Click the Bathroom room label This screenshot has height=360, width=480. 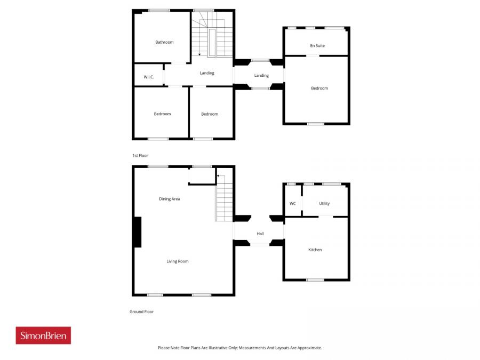point(164,42)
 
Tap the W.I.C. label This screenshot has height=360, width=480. point(149,77)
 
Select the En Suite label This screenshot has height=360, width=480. point(317,46)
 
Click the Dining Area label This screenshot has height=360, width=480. point(170,199)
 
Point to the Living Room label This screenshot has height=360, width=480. point(178,261)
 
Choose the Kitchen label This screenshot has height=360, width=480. point(315,250)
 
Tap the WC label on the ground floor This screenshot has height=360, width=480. point(292,204)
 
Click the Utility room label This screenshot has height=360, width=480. point(324,204)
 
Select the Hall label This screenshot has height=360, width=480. point(260,234)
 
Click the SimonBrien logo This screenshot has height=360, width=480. point(43,335)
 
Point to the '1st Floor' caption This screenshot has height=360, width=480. point(140,155)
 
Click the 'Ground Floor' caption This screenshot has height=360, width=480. point(141,311)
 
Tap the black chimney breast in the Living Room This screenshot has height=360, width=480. point(137,232)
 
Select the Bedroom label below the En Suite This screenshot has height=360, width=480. point(319,88)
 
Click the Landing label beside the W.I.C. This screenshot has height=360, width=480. point(207,73)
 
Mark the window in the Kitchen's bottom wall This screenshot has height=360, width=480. point(315,279)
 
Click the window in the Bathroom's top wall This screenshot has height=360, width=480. point(159,10)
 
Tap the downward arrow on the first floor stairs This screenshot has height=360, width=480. point(199,54)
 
